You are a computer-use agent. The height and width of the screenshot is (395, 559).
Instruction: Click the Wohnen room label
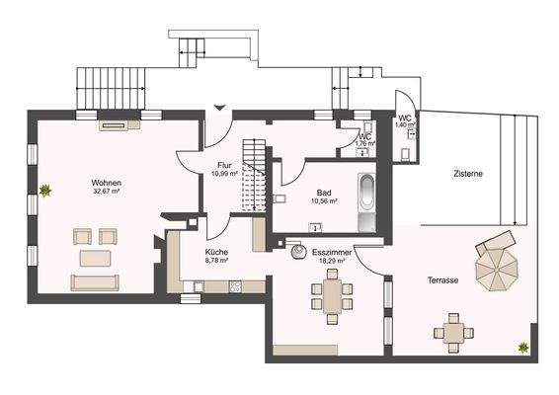pyautogui.click(x=107, y=183)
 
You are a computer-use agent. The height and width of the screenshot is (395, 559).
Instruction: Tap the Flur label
pyautogui.click(x=224, y=166)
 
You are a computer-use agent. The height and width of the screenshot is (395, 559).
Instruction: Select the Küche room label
pyautogui.click(x=216, y=252)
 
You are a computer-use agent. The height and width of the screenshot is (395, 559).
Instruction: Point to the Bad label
pyautogui.click(x=324, y=193)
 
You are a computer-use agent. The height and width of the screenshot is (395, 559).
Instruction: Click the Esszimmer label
pyautogui.click(x=332, y=253)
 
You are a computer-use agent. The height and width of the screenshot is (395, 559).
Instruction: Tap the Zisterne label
pyautogui.click(x=468, y=174)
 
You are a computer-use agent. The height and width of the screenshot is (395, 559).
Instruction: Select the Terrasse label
pyautogui.click(x=443, y=280)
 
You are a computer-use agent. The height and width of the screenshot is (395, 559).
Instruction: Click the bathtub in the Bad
pyautogui.click(x=366, y=202)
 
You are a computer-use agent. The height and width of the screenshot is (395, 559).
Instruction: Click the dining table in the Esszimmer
pyautogui.click(x=332, y=296)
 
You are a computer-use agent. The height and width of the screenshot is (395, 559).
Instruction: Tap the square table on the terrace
pyautogui.click(x=454, y=333)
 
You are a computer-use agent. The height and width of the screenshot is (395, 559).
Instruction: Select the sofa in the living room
pyautogui.click(x=95, y=282)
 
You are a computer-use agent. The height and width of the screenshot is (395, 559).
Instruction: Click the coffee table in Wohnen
pyautogui.click(x=95, y=258)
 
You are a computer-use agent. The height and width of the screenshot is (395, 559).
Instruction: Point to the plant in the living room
pyautogui.click(x=45, y=191)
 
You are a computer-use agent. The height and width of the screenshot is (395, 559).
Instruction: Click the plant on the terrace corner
pyautogui.click(x=523, y=348)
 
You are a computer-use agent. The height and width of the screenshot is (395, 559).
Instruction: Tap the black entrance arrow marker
pyautogui.click(x=220, y=108)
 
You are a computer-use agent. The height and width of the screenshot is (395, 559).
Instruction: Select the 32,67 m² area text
pyautogui.click(x=107, y=192)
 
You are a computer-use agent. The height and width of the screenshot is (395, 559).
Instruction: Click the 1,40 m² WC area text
pyautogui.click(x=405, y=125)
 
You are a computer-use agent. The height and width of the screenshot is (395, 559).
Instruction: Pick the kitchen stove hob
pyautogui.click(x=235, y=286)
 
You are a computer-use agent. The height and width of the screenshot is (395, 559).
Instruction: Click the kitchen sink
pyautogui.click(x=198, y=286)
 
